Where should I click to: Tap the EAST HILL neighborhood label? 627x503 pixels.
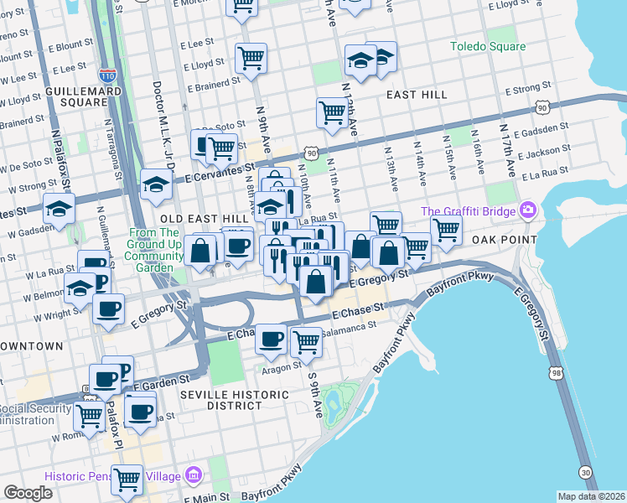[x=417, y=95]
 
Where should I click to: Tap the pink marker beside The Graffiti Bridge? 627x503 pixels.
[x=528, y=210]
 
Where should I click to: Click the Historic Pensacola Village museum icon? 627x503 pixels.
[x=194, y=475]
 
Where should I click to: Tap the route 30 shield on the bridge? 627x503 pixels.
[x=585, y=473]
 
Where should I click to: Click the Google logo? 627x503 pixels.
[x=28, y=493]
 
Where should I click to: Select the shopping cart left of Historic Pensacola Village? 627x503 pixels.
[x=127, y=479]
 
